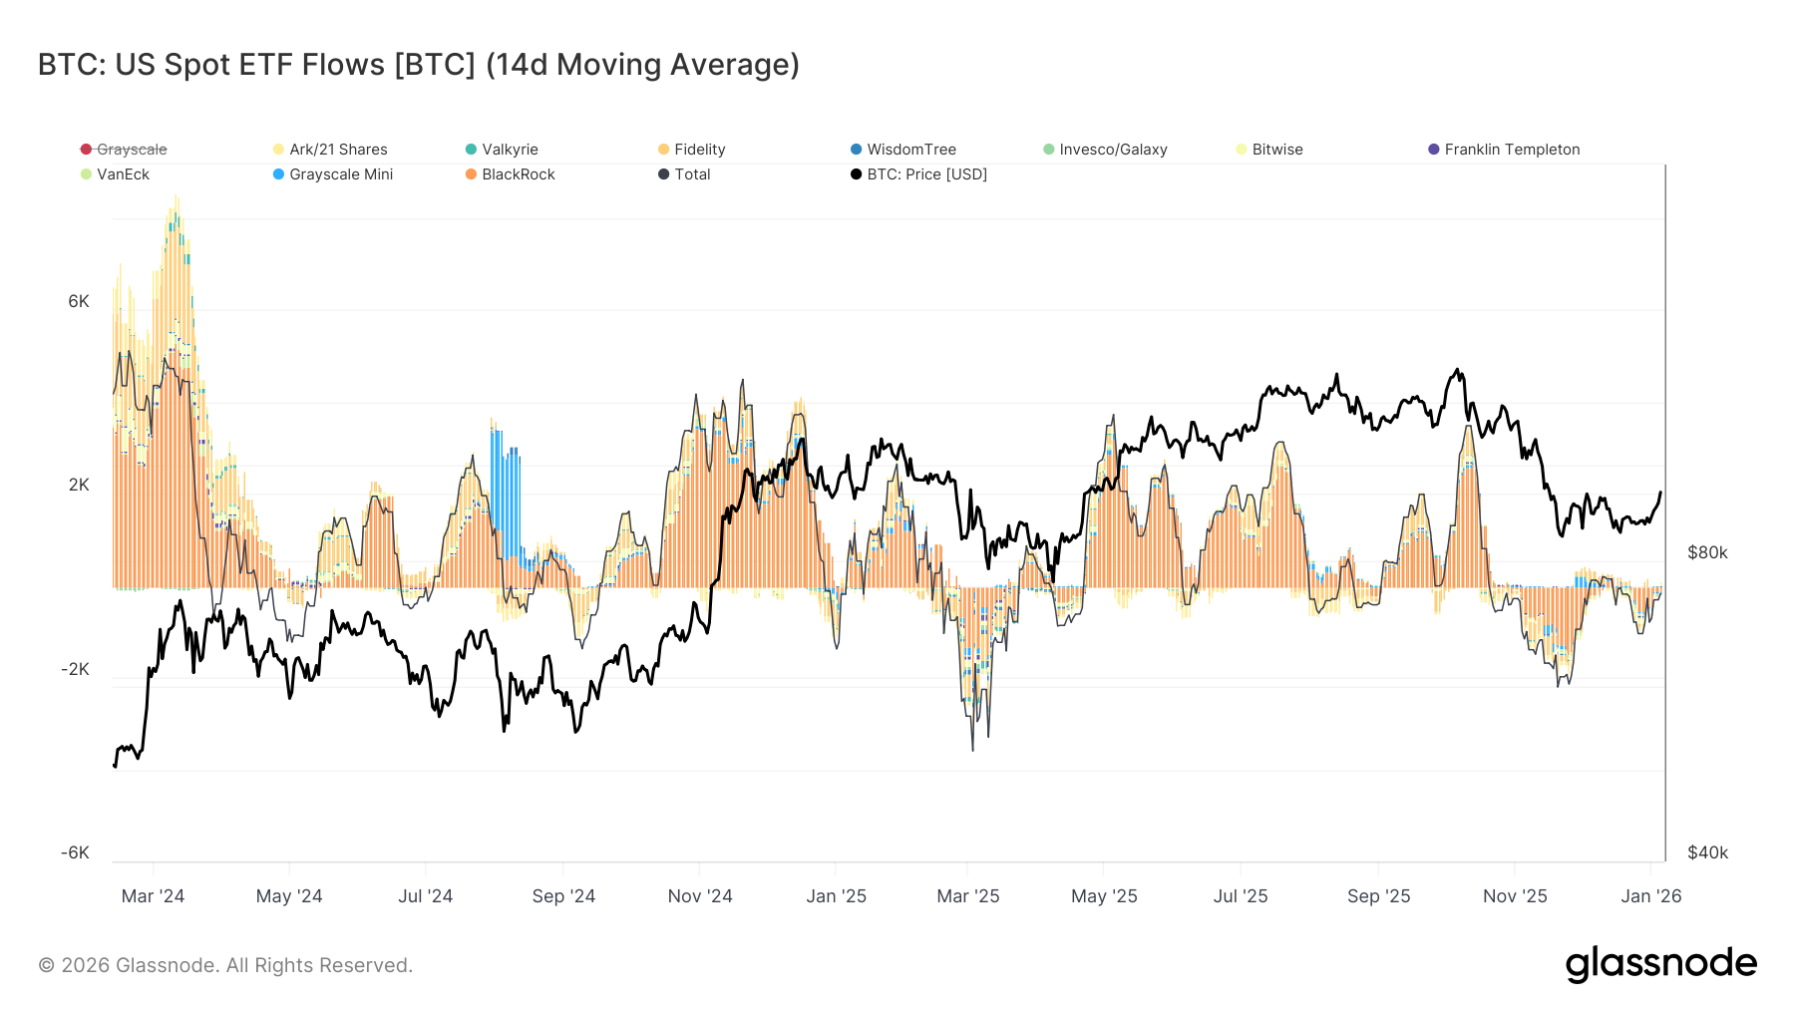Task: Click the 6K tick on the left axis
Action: click(78, 301)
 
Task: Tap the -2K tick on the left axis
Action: click(75, 669)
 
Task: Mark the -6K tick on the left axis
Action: click(75, 852)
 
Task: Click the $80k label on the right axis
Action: click(1707, 552)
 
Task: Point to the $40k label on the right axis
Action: click(1707, 852)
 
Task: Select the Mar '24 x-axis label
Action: click(153, 896)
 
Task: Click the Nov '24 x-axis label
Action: click(700, 896)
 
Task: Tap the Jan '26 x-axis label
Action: click(1650, 896)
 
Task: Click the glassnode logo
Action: click(1660, 964)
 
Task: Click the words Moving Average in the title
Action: click(678, 65)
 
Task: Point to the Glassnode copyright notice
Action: click(225, 965)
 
